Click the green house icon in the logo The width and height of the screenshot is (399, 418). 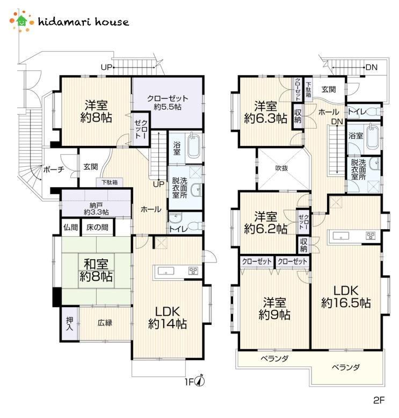[x=21, y=21]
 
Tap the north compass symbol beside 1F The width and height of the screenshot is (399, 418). [x=200, y=381]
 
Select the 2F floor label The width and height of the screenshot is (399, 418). [x=379, y=400]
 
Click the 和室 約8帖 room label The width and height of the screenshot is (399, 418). [x=96, y=270]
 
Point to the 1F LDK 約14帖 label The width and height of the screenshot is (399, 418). [x=168, y=318]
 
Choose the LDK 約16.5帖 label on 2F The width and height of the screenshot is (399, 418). [x=346, y=297]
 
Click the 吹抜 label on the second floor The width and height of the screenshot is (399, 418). [x=281, y=168]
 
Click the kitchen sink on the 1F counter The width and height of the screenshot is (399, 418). [x=166, y=271]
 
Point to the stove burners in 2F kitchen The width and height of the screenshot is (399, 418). [x=371, y=236]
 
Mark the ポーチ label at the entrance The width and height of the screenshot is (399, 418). [x=54, y=169]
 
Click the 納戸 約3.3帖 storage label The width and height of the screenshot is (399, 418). [x=96, y=209]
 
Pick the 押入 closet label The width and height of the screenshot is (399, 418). [x=70, y=324]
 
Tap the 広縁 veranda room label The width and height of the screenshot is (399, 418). [x=105, y=323]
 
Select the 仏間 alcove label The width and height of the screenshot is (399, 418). [x=70, y=228]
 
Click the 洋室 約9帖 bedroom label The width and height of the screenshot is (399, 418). [x=274, y=309]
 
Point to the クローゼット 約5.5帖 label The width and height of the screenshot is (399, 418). [x=168, y=102]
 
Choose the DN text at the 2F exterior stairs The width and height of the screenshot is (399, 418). [x=372, y=67]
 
